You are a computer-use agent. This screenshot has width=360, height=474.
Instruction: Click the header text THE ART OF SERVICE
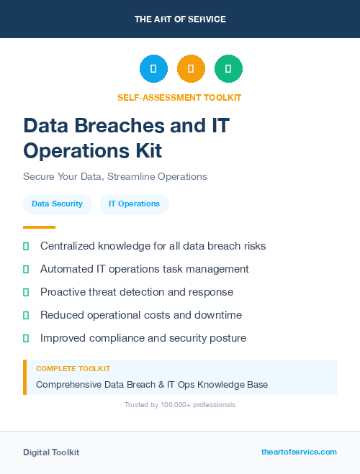tap(180, 19)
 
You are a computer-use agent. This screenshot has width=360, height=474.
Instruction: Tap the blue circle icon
tap(153, 69)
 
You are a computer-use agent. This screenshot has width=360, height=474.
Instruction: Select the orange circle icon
tap(191, 69)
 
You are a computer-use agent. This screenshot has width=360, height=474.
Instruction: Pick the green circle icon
tap(228, 69)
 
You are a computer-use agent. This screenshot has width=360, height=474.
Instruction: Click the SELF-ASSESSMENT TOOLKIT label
tap(179, 97)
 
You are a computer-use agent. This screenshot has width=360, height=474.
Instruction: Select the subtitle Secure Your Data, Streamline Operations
tap(115, 176)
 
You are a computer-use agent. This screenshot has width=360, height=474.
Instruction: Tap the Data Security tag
tap(58, 204)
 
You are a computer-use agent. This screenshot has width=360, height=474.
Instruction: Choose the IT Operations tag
tap(134, 204)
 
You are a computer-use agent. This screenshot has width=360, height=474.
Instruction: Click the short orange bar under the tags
tap(39, 227)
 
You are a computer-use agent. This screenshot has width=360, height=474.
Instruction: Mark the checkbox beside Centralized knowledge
tap(26, 247)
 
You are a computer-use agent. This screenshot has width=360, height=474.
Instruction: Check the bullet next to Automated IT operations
tap(26, 270)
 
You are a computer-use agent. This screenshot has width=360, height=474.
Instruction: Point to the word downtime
tap(217, 315)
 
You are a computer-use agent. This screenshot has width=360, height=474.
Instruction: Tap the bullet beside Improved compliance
tap(26, 338)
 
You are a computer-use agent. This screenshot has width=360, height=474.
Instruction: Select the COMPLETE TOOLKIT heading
tap(73, 369)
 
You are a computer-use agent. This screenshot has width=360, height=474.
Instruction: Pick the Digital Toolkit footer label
tap(51, 452)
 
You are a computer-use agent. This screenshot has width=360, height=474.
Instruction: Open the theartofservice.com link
tap(299, 452)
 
